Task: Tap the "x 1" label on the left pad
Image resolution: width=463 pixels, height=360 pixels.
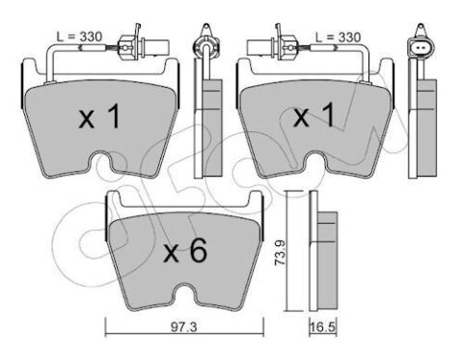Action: point(99,119)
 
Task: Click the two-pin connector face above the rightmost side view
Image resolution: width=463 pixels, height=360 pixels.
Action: point(422,42)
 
